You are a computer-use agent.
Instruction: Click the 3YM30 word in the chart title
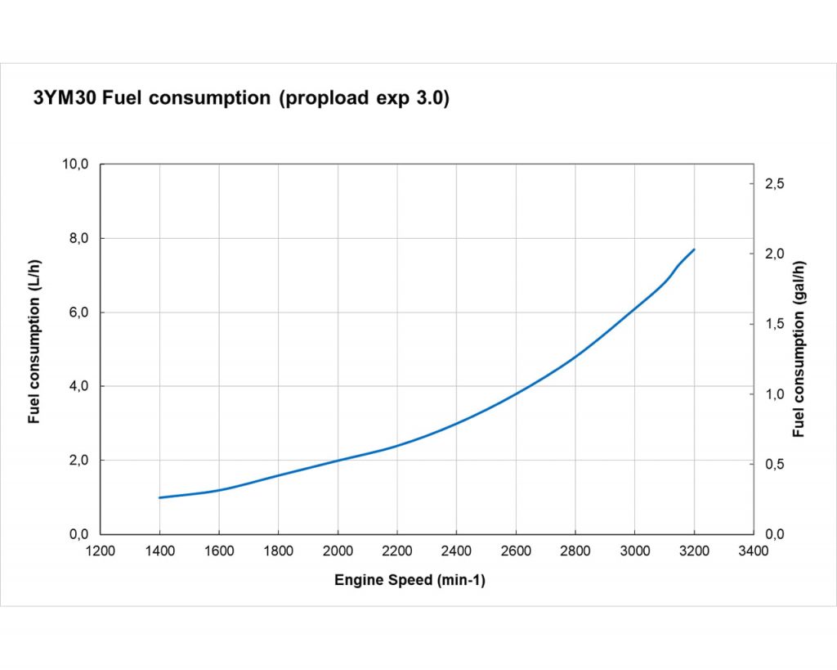click(65, 99)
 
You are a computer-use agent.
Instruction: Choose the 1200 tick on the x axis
click(101, 551)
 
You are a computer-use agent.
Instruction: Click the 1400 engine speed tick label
click(159, 551)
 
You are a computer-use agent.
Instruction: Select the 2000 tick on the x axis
click(338, 551)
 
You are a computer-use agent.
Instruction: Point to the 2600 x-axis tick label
click(516, 551)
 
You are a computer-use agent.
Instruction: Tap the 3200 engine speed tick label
click(694, 551)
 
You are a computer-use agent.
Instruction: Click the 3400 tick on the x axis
click(753, 551)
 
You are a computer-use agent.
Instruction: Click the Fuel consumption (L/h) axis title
click(34, 342)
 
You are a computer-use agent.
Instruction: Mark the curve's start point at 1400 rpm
click(160, 497)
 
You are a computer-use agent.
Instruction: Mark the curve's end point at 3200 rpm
click(694, 250)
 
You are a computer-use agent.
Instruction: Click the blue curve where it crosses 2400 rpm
click(456, 423)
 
